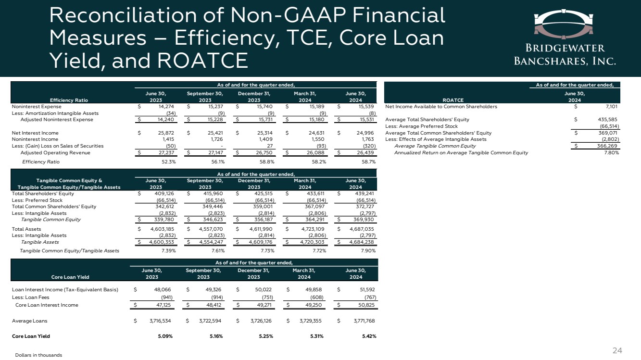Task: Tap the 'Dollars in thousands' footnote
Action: [39, 355]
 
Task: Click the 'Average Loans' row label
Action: [30, 320]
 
